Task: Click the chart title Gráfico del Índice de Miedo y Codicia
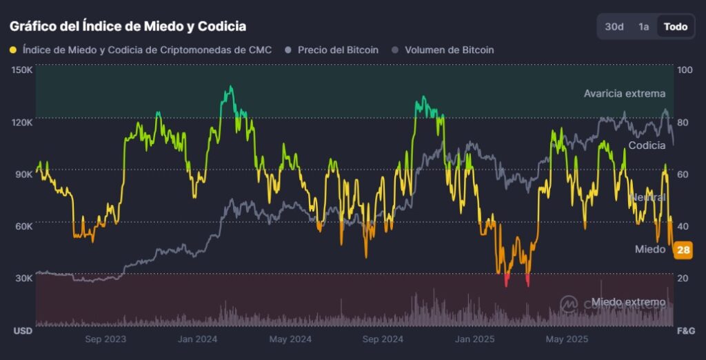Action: [x=128, y=26]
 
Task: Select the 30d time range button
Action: [x=614, y=27]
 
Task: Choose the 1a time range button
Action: [x=644, y=27]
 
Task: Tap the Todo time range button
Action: [x=675, y=27]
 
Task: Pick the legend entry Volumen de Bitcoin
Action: [x=449, y=50]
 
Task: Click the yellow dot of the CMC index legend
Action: [x=14, y=50]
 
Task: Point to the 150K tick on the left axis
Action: [x=23, y=70]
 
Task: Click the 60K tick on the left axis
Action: [x=25, y=226]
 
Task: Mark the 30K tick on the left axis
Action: [x=25, y=278]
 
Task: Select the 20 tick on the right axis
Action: [x=683, y=278]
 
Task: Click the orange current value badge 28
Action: [x=683, y=250]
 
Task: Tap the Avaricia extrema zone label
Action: [x=624, y=93]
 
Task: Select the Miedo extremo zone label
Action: [x=628, y=302]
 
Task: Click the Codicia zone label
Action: [x=647, y=146]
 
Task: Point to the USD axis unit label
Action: [x=23, y=331]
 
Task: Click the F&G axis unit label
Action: [x=685, y=331]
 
